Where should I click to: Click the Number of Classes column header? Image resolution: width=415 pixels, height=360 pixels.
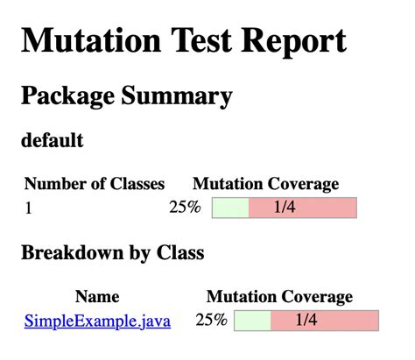click(95, 184)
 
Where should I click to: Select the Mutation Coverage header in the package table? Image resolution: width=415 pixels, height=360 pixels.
click(265, 184)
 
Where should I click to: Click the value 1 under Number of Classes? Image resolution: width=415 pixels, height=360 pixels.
click(28, 208)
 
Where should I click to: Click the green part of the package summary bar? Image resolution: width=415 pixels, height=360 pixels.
click(230, 208)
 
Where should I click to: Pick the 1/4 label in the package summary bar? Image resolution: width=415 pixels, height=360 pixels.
click(285, 208)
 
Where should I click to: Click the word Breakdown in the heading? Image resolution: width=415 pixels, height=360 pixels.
click(74, 253)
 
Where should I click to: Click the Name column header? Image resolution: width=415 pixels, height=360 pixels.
click(97, 297)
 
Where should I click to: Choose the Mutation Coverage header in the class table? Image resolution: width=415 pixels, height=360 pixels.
click(279, 297)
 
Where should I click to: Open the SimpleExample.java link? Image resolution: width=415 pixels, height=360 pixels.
click(97, 321)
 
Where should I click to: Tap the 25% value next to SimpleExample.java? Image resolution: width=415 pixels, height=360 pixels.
click(211, 321)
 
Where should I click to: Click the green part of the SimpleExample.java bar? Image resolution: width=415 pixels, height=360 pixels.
click(252, 321)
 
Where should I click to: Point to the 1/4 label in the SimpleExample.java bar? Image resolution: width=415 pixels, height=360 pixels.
click(306, 321)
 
